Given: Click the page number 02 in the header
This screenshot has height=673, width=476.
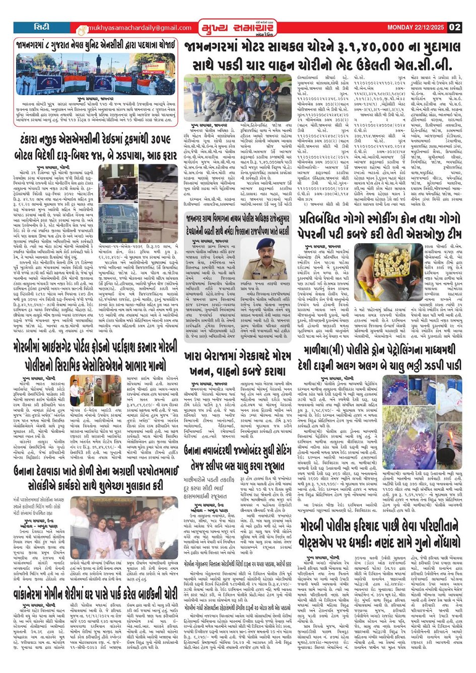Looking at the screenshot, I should pyautogui.click(x=454, y=27).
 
